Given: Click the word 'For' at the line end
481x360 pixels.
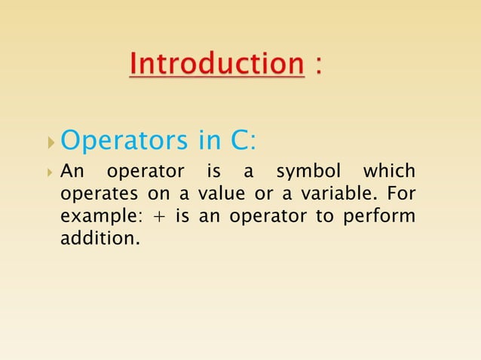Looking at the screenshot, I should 401,194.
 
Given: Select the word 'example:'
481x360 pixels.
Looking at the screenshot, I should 91,218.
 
